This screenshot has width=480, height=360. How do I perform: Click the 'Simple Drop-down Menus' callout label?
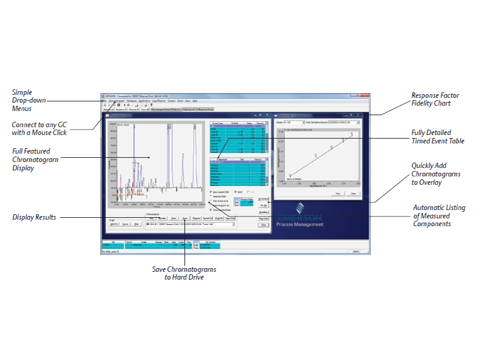(x=30, y=100)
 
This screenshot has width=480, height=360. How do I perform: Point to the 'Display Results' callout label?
(x=34, y=217)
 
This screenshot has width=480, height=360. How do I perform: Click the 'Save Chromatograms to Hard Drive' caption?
(x=184, y=273)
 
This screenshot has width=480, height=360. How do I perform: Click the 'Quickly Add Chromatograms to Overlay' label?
(x=437, y=174)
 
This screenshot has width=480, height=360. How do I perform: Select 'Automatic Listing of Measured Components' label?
(x=439, y=215)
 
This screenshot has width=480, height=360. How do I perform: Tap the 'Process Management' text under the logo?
(x=301, y=224)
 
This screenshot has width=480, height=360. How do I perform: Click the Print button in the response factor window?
(x=338, y=193)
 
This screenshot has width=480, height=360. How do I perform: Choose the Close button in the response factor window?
(x=353, y=193)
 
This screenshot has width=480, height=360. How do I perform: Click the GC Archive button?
(x=263, y=198)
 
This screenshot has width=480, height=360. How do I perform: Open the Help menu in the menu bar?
(x=195, y=101)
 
